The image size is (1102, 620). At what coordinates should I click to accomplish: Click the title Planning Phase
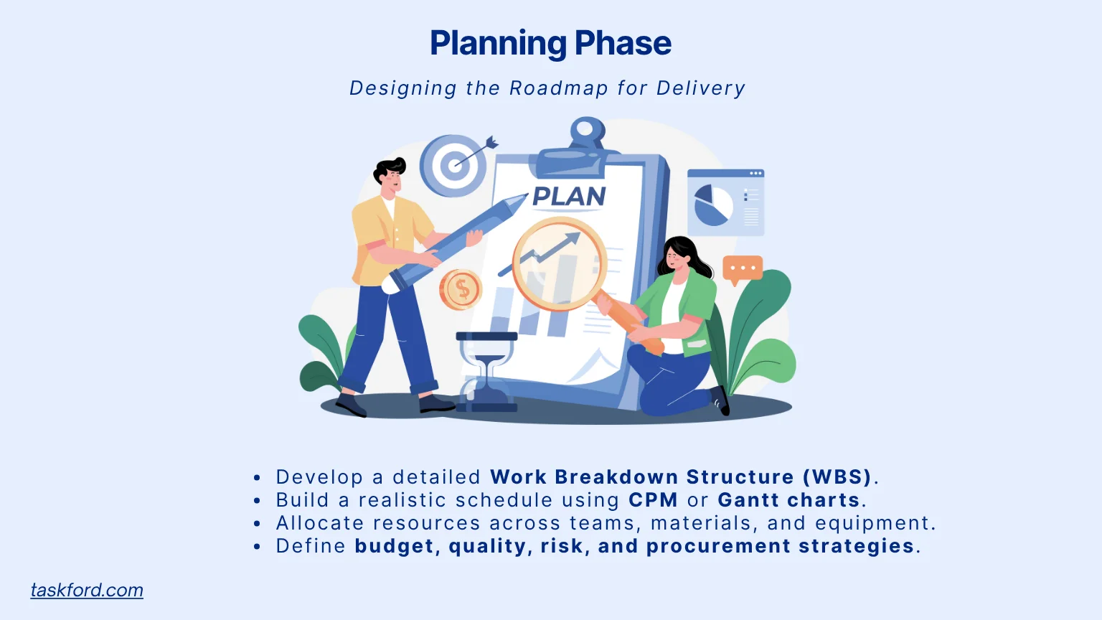[x=550, y=43]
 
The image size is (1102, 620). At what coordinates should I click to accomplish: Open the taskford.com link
[x=87, y=590]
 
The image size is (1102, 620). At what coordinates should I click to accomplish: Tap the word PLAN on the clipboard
[x=569, y=196]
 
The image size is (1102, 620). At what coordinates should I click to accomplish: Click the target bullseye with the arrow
[x=453, y=166]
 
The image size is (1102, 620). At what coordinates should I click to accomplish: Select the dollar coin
[x=461, y=290]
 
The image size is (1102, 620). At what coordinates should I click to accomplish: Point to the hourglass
[x=487, y=372]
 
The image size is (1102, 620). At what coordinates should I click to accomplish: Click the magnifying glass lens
[x=559, y=263]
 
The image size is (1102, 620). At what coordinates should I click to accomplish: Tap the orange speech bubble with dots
[x=742, y=268]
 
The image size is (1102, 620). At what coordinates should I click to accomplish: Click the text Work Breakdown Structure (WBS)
[x=680, y=477]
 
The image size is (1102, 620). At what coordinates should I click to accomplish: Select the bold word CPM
[x=653, y=500]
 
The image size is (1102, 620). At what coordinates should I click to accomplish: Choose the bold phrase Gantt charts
[x=788, y=500]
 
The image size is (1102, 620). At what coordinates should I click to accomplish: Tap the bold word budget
[x=394, y=546]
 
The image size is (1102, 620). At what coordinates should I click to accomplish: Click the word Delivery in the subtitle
[x=701, y=88]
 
